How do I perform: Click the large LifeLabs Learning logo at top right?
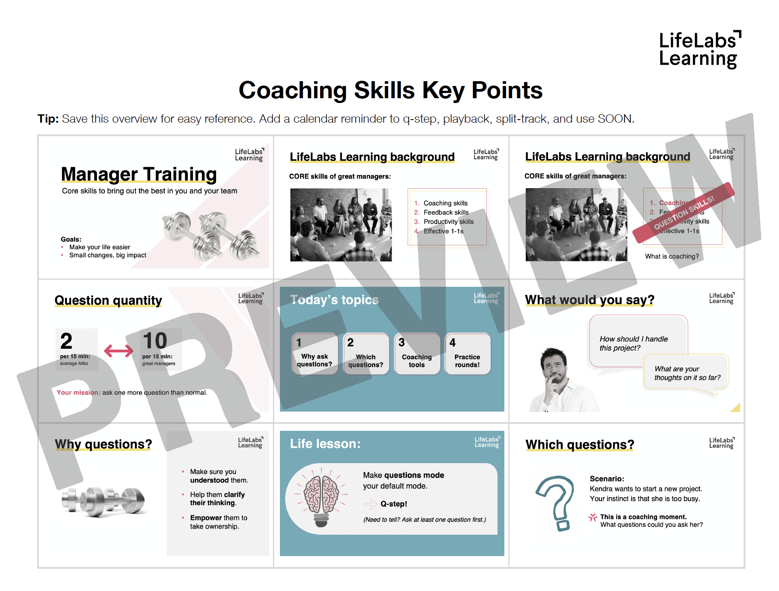(699, 49)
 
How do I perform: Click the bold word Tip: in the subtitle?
(48, 119)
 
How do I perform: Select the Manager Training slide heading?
(139, 174)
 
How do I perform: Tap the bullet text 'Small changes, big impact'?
(107, 255)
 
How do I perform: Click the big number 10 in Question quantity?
(155, 341)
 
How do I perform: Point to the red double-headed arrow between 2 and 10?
(118, 350)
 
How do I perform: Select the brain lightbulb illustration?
(321, 498)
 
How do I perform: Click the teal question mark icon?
(557, 502)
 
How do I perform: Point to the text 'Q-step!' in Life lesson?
(393, 504)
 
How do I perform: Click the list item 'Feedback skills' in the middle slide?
(446, 213)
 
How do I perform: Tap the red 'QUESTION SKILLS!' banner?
(684, 213)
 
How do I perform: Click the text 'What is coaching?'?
(672, 256)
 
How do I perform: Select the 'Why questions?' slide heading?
(103, 444)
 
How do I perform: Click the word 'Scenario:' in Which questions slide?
(607, 478)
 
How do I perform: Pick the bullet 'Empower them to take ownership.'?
(218, 522)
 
